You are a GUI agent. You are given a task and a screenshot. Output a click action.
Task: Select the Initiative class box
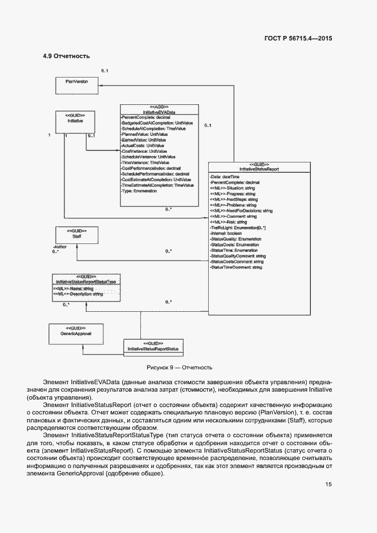pos(75,121)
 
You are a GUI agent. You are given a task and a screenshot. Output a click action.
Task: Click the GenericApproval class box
pos(76,333)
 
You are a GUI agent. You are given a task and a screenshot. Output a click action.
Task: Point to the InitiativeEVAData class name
pos(159,112)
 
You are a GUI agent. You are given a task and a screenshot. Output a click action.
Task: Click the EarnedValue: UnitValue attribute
pos(144,140)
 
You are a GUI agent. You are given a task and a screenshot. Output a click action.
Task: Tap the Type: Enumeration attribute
pos(139,191)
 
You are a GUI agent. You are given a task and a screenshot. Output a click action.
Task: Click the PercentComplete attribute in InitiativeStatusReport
pos(234,183)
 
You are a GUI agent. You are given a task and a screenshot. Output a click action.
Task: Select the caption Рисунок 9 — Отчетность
pos(179,368)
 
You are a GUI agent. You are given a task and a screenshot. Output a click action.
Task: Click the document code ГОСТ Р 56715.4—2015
pos(298,38)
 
